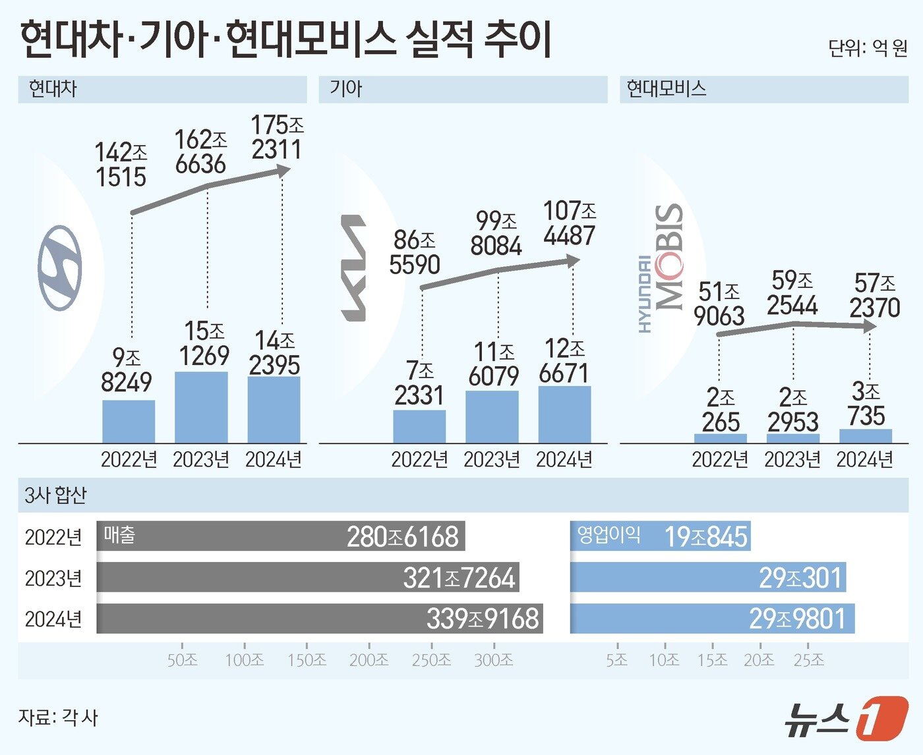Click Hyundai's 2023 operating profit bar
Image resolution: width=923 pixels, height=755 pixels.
pos(201,407)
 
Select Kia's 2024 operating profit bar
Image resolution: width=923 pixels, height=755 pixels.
pos(564,414)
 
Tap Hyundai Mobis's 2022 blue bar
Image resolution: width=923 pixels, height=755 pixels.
pos(720,438)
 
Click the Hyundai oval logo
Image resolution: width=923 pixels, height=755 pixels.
pos(60,267)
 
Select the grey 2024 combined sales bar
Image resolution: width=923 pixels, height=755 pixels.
pos(319,619)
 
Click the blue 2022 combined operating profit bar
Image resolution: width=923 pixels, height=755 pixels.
pos(660,536)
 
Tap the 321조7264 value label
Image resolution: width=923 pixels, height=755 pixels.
pos(459,578)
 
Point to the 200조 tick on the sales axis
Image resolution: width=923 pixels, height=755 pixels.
pos(369,659)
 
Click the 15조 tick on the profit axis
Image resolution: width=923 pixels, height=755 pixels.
pos(712,659)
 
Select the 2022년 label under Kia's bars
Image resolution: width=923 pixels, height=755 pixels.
pos(419,459)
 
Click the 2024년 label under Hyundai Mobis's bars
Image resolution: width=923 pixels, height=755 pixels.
pos(864,459)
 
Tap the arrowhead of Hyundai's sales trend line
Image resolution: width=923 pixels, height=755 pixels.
pos(284,171)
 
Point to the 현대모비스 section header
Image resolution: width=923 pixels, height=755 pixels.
pos(667,89)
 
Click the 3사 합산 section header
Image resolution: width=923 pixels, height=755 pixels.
pos(55,495)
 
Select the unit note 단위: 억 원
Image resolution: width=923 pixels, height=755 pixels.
pos(868,48)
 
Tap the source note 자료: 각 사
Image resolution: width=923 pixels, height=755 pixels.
pos(58,717)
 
